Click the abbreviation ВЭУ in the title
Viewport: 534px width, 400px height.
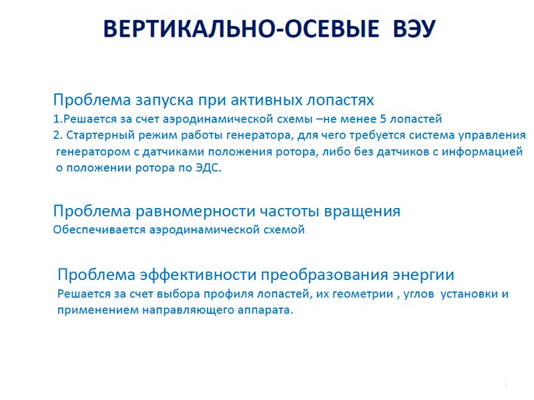[x=414, y=28]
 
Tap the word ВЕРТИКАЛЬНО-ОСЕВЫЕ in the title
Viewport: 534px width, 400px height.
[x=241, y=28]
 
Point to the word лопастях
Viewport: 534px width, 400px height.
[x=340, y=99]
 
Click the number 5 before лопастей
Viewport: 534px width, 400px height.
[x=382, y=119]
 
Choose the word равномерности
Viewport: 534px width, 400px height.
[x=195, y=211]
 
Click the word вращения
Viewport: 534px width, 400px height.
[x=362, y=211]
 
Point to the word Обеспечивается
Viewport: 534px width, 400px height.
[x=99, y=229]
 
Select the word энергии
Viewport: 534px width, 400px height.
[x=423, y=275]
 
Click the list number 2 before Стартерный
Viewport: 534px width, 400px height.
[x=57, y=135]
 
